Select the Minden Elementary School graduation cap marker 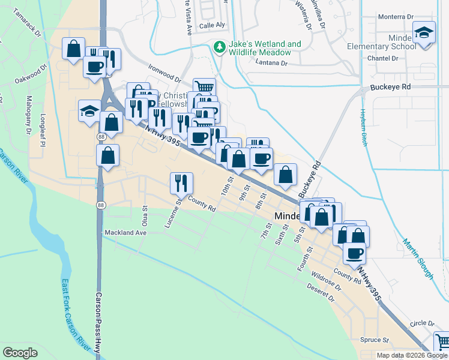click(x=424, y=34)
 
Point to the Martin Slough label click(x=418, y=259)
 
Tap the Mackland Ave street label click(x=125, y=232)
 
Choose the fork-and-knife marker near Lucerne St click(x=181, y=182)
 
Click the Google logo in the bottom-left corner click(x=20, y=353)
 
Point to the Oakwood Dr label click(x=31, y=76)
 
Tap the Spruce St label click(x=375, y=340)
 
